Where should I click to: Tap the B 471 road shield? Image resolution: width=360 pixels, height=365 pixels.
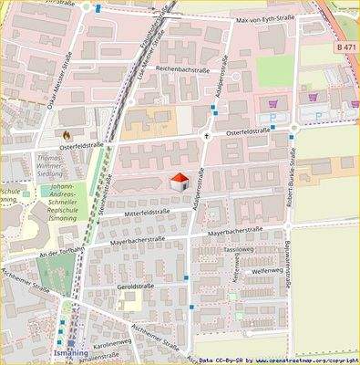tap(345, 46)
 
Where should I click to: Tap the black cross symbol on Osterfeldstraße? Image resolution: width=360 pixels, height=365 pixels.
tap(207, 137)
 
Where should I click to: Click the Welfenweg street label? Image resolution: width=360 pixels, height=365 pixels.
tap(270, 271)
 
